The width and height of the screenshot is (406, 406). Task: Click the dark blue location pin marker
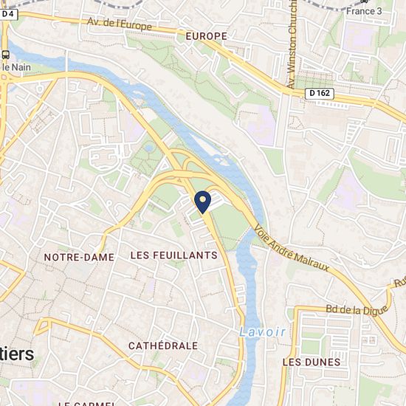coord(203,199)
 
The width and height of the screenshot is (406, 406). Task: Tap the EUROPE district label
coord(206,35)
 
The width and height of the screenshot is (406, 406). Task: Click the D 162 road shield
coord(318,92)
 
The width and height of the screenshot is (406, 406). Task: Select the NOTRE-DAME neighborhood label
coord(79,257)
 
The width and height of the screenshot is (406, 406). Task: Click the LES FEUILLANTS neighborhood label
coord(173,255)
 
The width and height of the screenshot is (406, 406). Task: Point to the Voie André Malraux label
coord(291,248)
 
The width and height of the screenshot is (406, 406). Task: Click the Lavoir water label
coord(262,331)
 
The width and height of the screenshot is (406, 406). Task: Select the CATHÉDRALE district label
coord(162,345)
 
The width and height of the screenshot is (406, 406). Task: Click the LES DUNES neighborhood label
coord(312,362)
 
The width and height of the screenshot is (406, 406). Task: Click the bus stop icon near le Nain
coord(6,55)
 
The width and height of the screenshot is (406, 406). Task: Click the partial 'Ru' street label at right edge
coord(399,282)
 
